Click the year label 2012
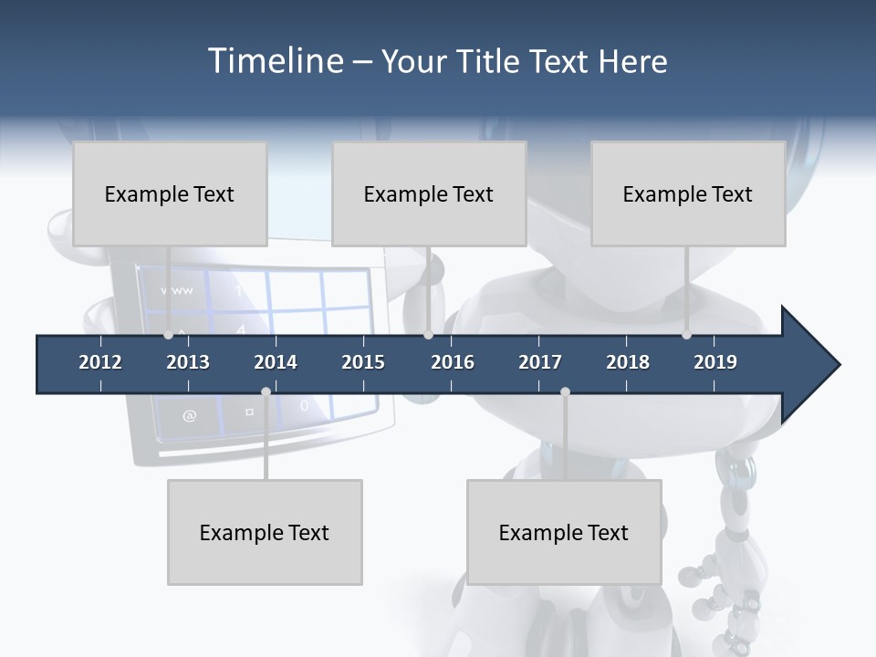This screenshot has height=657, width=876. point(100,362)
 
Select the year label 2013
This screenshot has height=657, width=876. point(188,362)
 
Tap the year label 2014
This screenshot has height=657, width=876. point(276,362)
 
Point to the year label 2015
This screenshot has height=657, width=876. point(363,362)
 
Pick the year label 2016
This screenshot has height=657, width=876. point(453,362)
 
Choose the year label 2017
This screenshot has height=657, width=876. point(540,362)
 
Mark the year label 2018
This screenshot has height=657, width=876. point(628,362)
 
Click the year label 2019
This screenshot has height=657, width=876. point(715,362)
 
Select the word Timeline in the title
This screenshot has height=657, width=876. point(276,61)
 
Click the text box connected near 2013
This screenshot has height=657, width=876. point(170,193)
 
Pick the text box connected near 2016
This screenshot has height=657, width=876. point(429,193)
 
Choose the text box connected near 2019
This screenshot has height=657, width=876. point(688,193)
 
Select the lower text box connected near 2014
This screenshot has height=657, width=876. point(265,532)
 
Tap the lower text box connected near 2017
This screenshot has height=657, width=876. point(564,532)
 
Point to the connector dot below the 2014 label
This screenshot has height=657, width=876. point(266,392)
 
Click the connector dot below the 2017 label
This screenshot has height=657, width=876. point(565,392)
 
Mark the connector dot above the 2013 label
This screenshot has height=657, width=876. point(168,335)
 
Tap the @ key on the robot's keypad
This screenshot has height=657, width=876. point(189,416)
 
